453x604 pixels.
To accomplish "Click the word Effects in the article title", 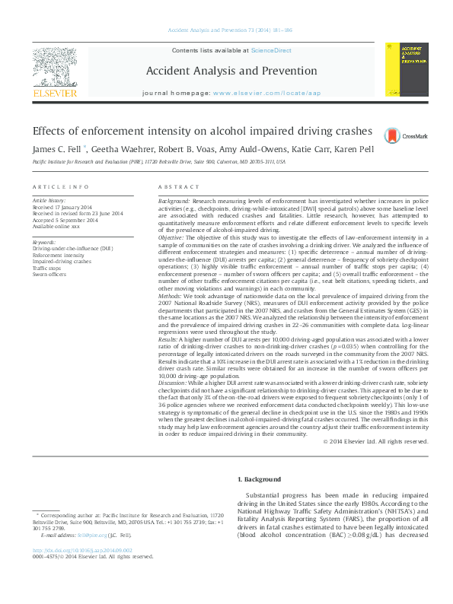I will pyautogui.click(x=49, y=131).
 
